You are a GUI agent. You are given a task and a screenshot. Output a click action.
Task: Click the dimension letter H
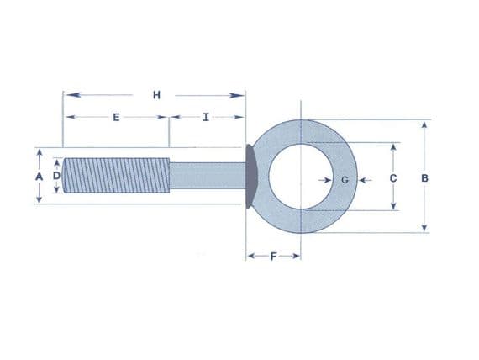coord(156,94)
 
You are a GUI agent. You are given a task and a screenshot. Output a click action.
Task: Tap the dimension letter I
coord(206,117)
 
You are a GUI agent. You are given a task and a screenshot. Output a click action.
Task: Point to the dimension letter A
coord(38,177)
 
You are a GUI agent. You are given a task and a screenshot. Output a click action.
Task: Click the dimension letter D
coord(56,177)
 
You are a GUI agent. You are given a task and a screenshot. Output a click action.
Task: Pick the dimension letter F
coord(273,255)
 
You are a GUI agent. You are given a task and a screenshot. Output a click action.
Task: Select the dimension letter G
coord(345,179)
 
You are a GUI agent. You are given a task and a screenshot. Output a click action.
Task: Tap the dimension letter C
coord(393,178)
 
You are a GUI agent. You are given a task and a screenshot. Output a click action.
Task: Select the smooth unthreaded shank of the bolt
coord(206,177)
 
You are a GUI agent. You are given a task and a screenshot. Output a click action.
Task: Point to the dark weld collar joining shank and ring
coord(251,177)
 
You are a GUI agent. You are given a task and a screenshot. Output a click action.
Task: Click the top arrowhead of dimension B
coord(424,125)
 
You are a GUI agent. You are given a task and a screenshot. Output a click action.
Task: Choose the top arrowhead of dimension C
coord(393,146)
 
